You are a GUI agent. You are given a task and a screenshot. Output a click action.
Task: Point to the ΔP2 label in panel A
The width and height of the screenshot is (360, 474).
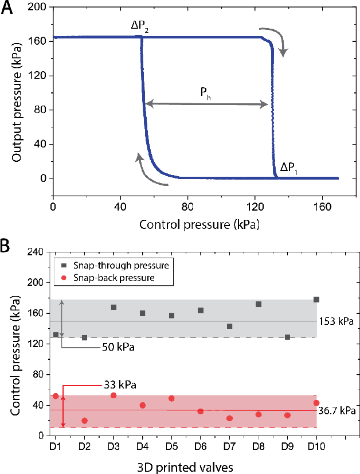(x=141, y=26)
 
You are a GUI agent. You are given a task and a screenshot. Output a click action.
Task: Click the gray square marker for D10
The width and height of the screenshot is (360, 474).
(x=316, y=300)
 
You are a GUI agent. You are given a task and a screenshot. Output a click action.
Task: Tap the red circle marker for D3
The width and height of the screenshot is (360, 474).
(x=114, y=395)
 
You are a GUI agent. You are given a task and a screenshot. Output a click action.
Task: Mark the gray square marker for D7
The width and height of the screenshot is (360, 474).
(x=229, y=326)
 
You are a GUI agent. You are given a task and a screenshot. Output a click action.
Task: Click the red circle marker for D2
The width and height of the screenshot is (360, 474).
(x=84, y=421)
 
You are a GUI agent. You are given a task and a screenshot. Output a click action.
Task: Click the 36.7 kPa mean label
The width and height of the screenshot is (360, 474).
(x=337, y=411)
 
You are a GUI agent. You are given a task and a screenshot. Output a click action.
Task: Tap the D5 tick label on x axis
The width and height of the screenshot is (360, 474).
(x=171, y=445)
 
